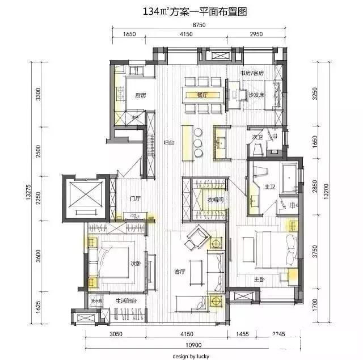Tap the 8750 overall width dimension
[198, 24]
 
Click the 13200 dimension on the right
[325, 192]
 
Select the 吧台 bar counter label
[169, 142]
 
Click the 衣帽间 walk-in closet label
[214, 199]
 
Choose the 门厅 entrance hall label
[135, 198]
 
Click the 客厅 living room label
[181, 272]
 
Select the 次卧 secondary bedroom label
[135, 263]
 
